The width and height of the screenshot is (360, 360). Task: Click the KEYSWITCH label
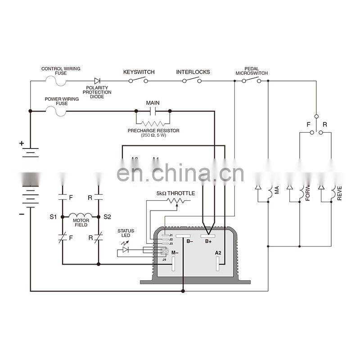(139, 72)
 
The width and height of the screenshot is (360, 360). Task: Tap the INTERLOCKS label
(193, 72)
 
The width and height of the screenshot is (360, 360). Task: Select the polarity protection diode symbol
(97, 81)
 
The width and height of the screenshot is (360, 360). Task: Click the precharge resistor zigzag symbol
(153, 122)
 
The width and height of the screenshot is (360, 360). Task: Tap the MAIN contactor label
(153, 103)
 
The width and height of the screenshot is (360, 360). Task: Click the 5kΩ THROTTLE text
(175, 193)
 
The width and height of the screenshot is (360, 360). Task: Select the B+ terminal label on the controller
(208, 242)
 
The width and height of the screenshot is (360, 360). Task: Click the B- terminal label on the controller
(189, 242)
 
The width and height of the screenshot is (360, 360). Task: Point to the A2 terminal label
(218, 253)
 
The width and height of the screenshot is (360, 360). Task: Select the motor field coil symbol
(81, 215)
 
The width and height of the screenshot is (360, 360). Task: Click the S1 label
(53, 217)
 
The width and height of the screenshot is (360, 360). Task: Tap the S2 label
(107, 217)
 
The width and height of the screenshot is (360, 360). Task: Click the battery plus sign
(21, 144)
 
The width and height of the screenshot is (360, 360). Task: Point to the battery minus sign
(21, 214)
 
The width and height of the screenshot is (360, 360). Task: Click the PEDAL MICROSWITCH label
(252, 71)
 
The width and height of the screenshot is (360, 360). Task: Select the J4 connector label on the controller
(164, 260)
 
